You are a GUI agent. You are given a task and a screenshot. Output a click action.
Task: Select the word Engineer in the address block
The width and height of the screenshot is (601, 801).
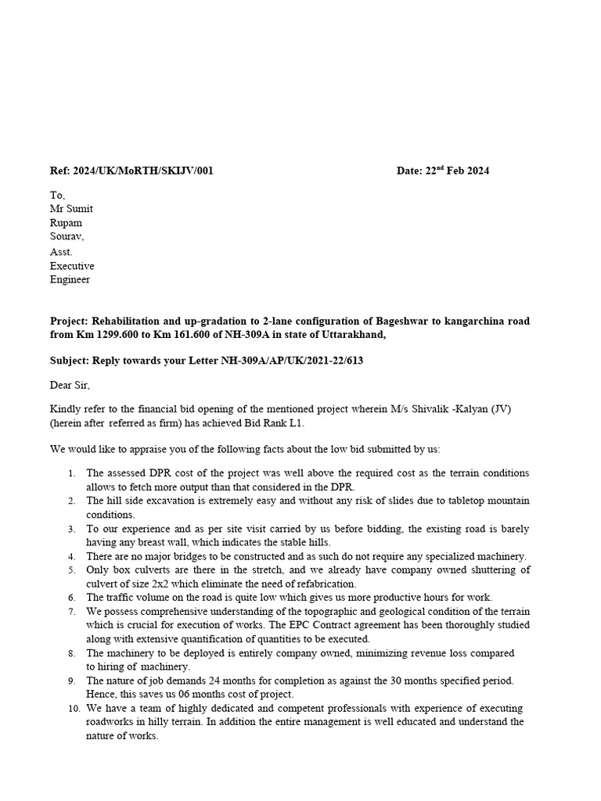click(70, 279)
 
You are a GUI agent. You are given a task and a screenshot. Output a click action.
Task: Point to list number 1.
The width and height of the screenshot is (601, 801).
click(71, 473)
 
